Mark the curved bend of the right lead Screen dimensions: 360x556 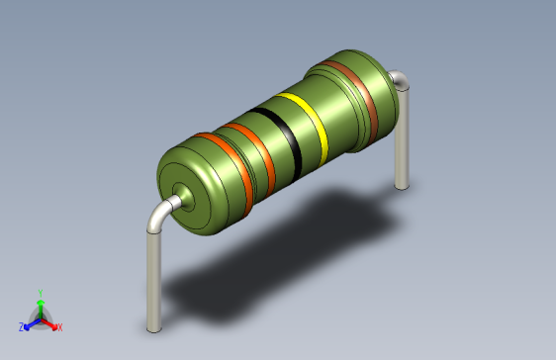click(x=398, y=80)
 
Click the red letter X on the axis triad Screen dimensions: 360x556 click(x=59, y=326)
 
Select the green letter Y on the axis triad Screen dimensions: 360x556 click(x=40, y=293)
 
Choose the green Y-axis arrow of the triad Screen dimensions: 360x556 click(x=40, y=307)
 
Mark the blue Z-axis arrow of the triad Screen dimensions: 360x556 click(x=31, y=322)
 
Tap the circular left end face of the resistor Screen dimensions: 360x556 click(x=183, y=193)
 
